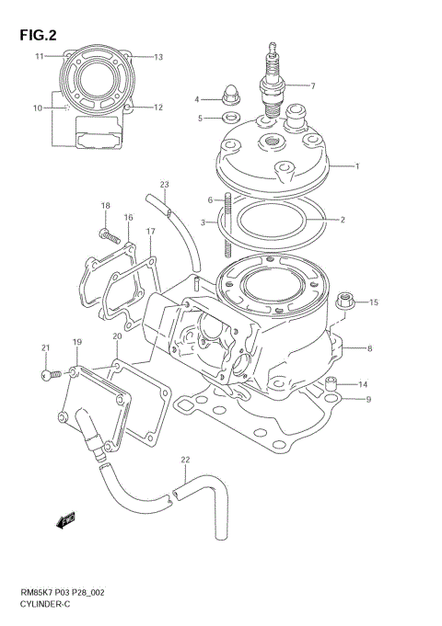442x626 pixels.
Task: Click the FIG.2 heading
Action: tap(38, 35)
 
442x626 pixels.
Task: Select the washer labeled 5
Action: tap(231, 118)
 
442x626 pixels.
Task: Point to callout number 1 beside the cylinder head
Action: tap(357, 165)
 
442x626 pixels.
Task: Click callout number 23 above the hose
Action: tap(165, 185)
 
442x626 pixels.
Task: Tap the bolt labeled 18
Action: tap(109, 235)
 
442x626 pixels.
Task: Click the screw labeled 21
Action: tap(52, 375)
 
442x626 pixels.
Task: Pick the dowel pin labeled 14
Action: tap(331, 383)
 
